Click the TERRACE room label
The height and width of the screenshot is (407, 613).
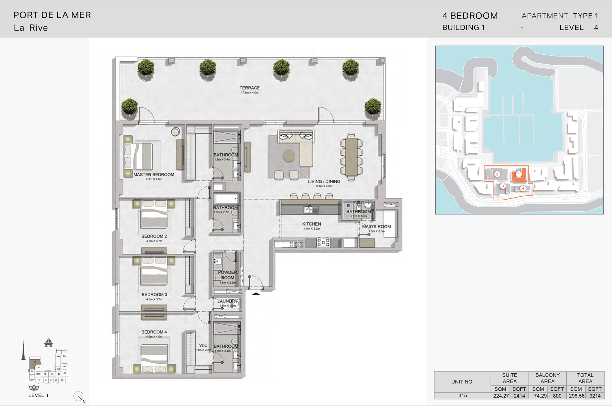pyautogui.click(x=250, y=88)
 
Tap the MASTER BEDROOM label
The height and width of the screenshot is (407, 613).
pyautogui.click(x=154, y=175)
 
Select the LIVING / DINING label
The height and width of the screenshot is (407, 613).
pyautogui.click(x=324, y=182)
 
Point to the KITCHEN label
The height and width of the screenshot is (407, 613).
pyautogui.click(x=312, y=224)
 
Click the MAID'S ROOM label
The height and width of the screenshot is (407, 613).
pyautogui.click(x=377, y=227)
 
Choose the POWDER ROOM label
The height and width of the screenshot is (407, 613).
pyautogui.click(x=228, y=275)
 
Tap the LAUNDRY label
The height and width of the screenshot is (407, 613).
pyautogui.click(x=227, y=301)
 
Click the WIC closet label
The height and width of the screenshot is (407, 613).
pyautogui.click(x=203, y=345)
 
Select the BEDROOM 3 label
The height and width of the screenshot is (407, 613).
pyautogui.click(x=154, y=295)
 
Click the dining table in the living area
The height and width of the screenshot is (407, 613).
pyautogui.click(x=352, y=157)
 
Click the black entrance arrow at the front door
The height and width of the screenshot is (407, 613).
pyautogui.click(x=256, y=293)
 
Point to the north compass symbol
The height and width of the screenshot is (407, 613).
pyautogui.click(x=78, y=396)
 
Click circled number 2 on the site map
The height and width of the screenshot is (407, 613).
pyautogui.click(x=497, y=174)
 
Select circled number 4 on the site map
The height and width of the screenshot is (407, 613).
pyautogui.click(x=523, y=188)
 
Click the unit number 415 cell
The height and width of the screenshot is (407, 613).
pyautogui.click(x=463, y=396)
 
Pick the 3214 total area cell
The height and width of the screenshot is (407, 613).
pyautogui.click(x=595, y=396)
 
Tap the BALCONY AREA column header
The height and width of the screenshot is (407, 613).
pyautogui.click(x=548, y=378)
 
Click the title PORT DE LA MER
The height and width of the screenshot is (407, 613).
pyautogui.click(x=52, y=15)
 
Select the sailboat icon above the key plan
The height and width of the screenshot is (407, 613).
pyautogui.click(x=49, y=342)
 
